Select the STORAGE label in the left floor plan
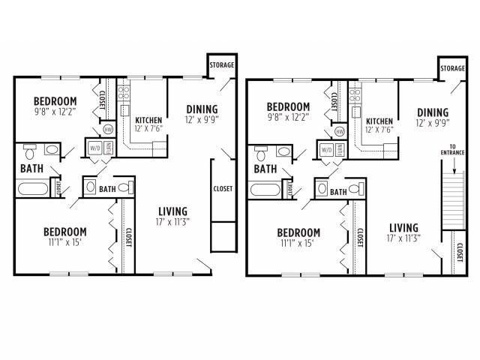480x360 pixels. pos(222,65)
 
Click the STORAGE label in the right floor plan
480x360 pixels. pos(452,69)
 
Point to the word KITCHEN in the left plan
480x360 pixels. pos(148,120)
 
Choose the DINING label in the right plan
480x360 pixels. pos(433,112)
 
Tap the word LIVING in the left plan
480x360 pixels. pos(172,211)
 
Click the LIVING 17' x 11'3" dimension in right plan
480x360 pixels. pos(403,238)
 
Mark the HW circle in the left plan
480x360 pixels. pos(108,129)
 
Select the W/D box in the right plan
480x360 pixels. pos(326,149)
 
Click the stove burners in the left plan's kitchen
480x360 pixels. pos(124,94)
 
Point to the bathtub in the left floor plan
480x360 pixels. pos(33,187)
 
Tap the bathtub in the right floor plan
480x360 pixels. pos(264,189)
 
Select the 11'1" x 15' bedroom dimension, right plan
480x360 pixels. pos(298,243)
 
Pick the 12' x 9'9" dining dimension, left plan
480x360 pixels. pos(202,121)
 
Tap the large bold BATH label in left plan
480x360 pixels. pos(31,169)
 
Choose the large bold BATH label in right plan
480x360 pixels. pos(265,169)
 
